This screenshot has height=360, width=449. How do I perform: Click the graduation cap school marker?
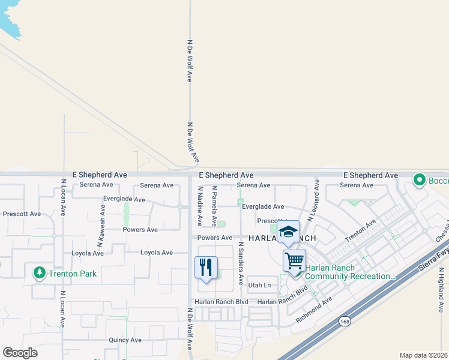pos(288,232)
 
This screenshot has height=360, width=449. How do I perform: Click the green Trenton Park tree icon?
pos(40,274)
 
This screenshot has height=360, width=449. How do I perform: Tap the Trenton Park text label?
pos(73,274)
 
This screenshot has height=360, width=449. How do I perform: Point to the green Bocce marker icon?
pos(420,179)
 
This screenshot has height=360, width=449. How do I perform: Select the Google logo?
pos(20,353)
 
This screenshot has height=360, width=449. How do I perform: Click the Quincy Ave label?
pos(125,340)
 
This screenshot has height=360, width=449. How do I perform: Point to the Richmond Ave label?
pos(313,310)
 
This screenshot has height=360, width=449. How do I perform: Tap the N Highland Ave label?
pos(440,290)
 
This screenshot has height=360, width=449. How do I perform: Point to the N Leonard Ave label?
pos(313,200)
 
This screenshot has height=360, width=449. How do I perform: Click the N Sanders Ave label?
pos(241,263)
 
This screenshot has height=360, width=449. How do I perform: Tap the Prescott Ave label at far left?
pos(22,214)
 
